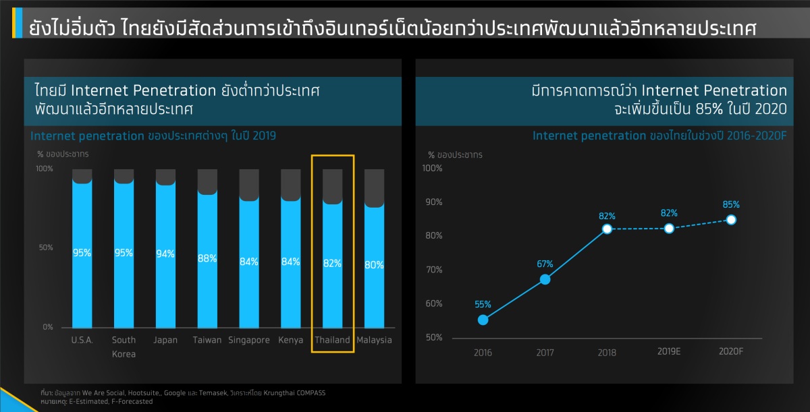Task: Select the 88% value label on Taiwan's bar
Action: point(207,258)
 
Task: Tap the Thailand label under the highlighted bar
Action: point(332,340)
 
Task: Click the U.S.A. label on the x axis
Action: point(82,340)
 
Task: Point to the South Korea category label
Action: point(124,347)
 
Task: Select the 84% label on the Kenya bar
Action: point(290,262)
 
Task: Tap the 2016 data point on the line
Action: point(483,320)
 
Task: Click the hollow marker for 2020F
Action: point(731,220)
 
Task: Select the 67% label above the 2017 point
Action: point(545,264)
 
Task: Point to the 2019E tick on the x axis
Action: point(669,351)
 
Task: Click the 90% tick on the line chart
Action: point(433,202)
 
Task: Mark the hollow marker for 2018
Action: point(607,229)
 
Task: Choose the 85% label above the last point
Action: point(731,204)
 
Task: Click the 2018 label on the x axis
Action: point(607,352)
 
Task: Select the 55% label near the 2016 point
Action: point(483,304)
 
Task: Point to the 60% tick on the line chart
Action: point(433,303)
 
